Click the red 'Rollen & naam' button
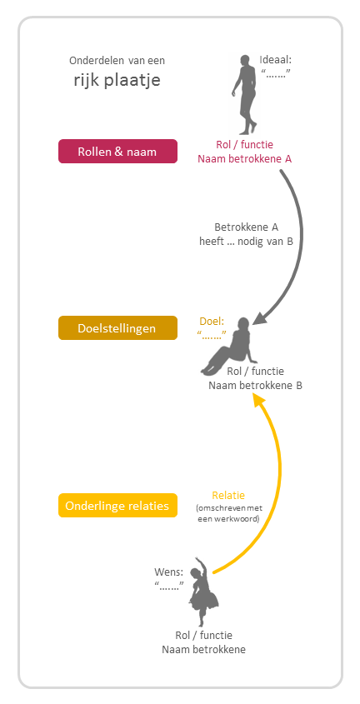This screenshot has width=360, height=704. point(117,152)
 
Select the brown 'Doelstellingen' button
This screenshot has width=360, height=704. point(117,328)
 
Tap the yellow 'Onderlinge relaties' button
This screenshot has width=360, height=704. point(117,506)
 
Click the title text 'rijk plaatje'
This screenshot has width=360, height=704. point(117,81)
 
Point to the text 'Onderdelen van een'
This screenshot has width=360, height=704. point(117,61)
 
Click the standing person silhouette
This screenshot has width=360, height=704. point(245,95)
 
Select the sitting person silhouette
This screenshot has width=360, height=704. point(230,346)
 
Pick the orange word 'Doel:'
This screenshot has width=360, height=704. point(212,322)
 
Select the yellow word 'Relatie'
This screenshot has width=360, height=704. point(228,496)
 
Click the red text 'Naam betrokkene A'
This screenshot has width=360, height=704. point(245,159)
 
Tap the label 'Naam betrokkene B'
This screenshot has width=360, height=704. point(255,385)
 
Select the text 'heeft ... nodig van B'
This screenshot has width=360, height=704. point(246,241)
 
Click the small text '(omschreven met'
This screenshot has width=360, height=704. point(229,509)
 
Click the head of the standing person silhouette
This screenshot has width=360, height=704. point(245,60)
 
